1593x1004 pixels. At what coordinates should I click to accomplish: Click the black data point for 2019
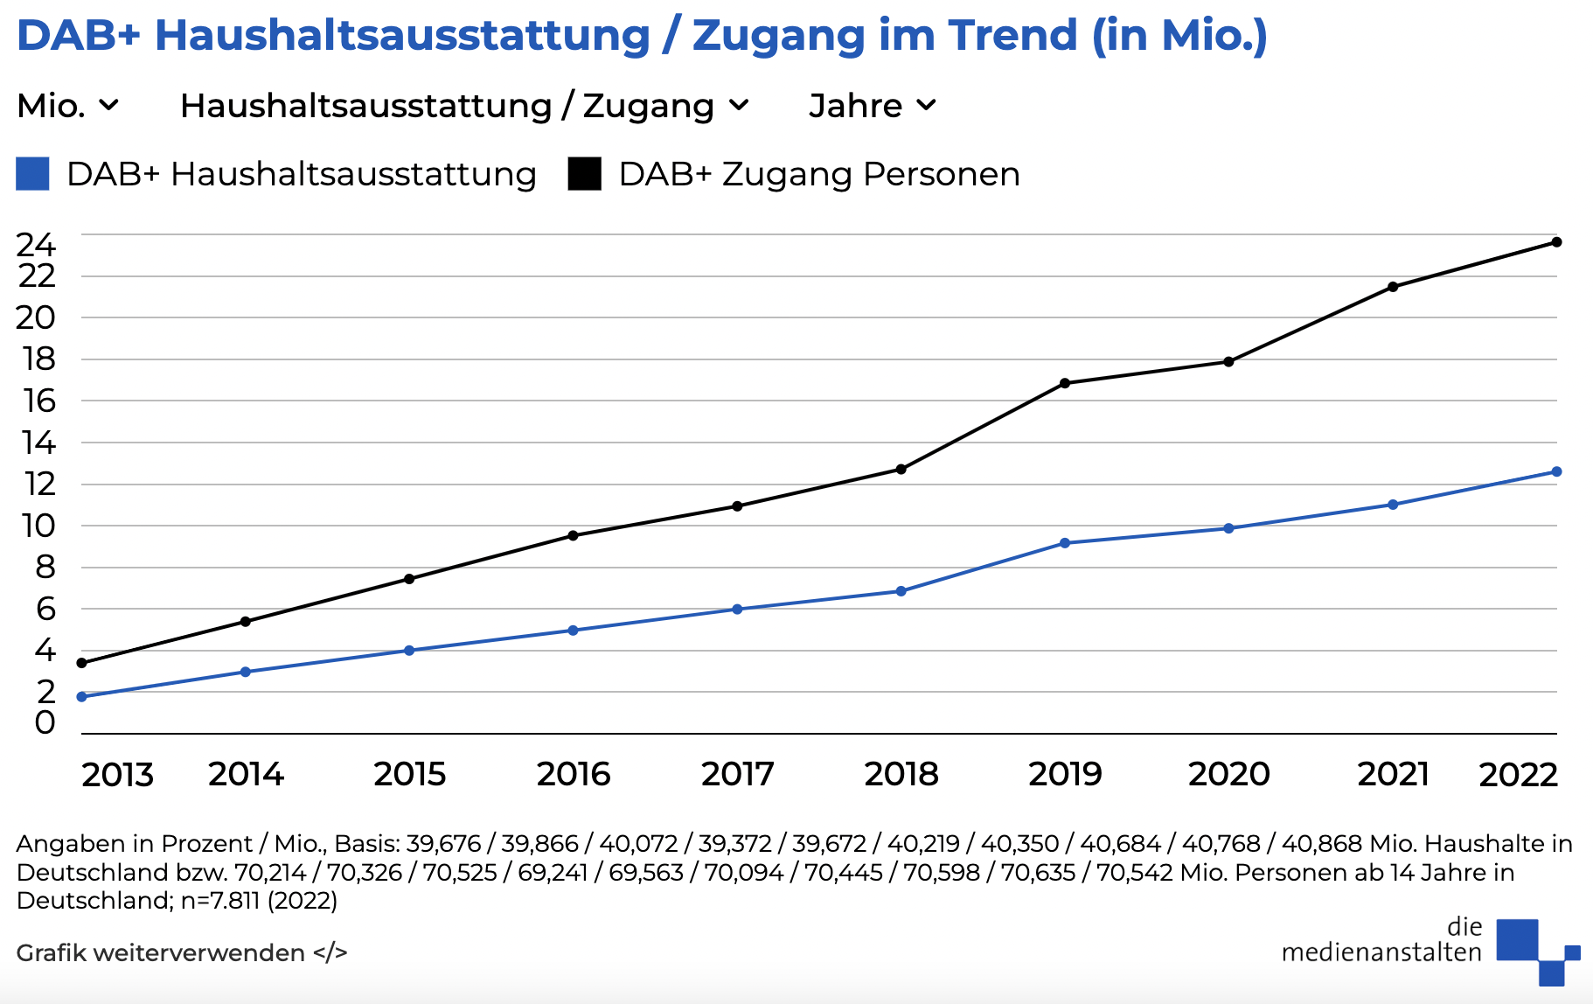pyautogui.click(x=1065, y=383)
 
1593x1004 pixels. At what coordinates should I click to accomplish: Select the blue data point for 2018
pyautogui.click(x=901, y=591)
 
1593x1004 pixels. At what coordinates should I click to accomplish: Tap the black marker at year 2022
pyautogui.click(x=1556, y=242)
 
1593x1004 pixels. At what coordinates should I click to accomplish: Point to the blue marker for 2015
pyautogui.click(x=409, y=651)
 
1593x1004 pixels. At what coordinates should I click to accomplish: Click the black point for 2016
pyautogui.click(x=574, y=535)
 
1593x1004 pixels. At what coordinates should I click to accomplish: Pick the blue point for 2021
pyautogui.click(x=1393, y=505)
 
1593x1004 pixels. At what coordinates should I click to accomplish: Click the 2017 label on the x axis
pyautogui.click(x=737, y=774)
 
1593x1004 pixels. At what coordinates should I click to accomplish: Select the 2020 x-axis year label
pyautogui.click(x=1228, y=774)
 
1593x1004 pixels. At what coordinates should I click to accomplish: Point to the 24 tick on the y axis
pyautogui.click(x=36, y=244)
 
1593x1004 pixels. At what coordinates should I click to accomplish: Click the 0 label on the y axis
pyautogui.click(x=45, y=722)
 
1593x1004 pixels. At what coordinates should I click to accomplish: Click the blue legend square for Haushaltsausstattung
pyautogui.click(x=32, y=174)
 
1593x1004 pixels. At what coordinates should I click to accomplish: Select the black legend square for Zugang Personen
pyautogui.click(x=584, y=174)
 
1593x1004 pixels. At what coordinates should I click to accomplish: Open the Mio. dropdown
pyautogui.click(x=67, y=106)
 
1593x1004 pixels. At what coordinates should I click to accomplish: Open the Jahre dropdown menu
pyautogui.click(x=872, y=106)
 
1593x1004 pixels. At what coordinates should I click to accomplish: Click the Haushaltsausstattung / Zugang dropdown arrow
pyautogui.click(x=739, y=106)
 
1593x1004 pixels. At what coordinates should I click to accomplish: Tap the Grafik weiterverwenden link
pyautogui.click(x=181, y=952)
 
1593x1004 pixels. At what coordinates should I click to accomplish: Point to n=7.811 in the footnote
pyautogui.click(x=220, y=901)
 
